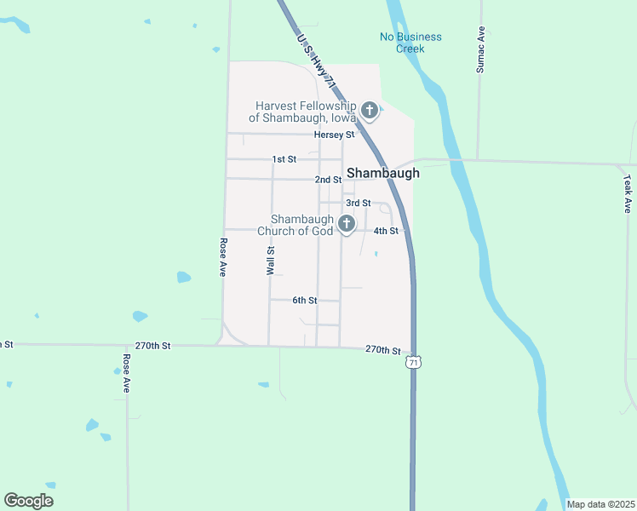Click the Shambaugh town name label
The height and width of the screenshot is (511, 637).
click(x=382, y=173)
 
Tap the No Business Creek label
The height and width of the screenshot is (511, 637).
click(x=410, y=43)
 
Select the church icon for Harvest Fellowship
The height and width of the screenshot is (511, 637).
click(x=370, y=110)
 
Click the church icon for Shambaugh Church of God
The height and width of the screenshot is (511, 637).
click(x=346, y=224)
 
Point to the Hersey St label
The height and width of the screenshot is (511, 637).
click(x=334, y=135)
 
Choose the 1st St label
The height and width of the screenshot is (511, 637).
click(x=284, y=159)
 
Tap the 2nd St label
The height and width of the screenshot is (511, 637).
click(x=328, y=180)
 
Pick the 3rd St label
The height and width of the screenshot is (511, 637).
click(x=359, y=203)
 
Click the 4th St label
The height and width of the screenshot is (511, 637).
click(x=386, y=231)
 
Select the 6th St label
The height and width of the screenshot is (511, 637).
click(x=304, y=301)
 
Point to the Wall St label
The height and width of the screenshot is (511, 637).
click(x=271, y=261)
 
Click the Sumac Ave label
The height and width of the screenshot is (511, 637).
click(x=481, y=49)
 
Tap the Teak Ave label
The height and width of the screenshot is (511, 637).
click(x=628, y=194)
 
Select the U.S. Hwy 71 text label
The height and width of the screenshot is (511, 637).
click(x=316, y=56)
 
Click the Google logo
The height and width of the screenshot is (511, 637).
click(x=28, y=501)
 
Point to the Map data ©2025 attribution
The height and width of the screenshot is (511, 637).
click(x=600, y=504)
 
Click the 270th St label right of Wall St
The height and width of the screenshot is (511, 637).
click(x=382, y=350)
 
